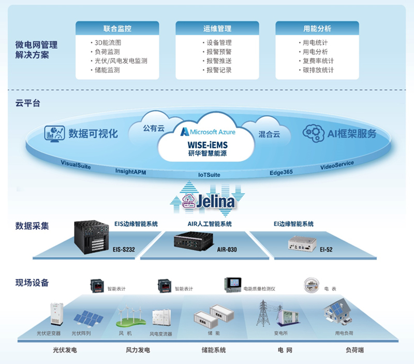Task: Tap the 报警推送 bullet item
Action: [218, 61]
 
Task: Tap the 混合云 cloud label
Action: [269, 134]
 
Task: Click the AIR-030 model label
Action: [227, 249]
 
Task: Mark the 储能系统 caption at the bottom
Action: [213, 350]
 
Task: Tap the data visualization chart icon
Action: [54, 133]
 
